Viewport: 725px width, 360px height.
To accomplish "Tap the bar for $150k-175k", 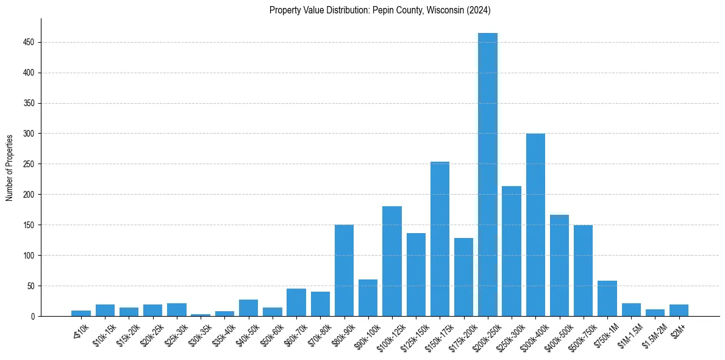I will click(x=440, y=239).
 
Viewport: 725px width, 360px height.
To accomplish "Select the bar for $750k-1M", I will click(x=607, y=298).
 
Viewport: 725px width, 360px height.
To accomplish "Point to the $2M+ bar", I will click(x=679, y=310).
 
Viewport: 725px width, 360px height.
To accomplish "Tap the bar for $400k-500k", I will click(x=559, y=265).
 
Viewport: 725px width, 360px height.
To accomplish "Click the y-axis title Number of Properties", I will click(x=9, y=167).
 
